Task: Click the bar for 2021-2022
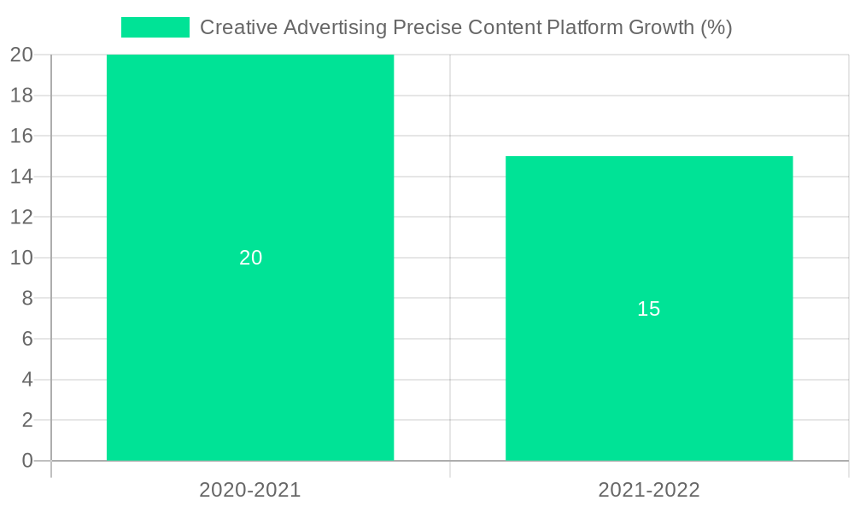coord(649,384)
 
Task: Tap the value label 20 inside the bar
coord(250,258)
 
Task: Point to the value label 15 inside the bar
coord(649,309)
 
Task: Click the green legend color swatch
coord(155,27)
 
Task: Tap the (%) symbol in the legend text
coord(716,27)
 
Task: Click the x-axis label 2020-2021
coord(250,490)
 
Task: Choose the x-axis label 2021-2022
coord(649,490)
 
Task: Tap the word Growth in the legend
coord(661,27)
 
